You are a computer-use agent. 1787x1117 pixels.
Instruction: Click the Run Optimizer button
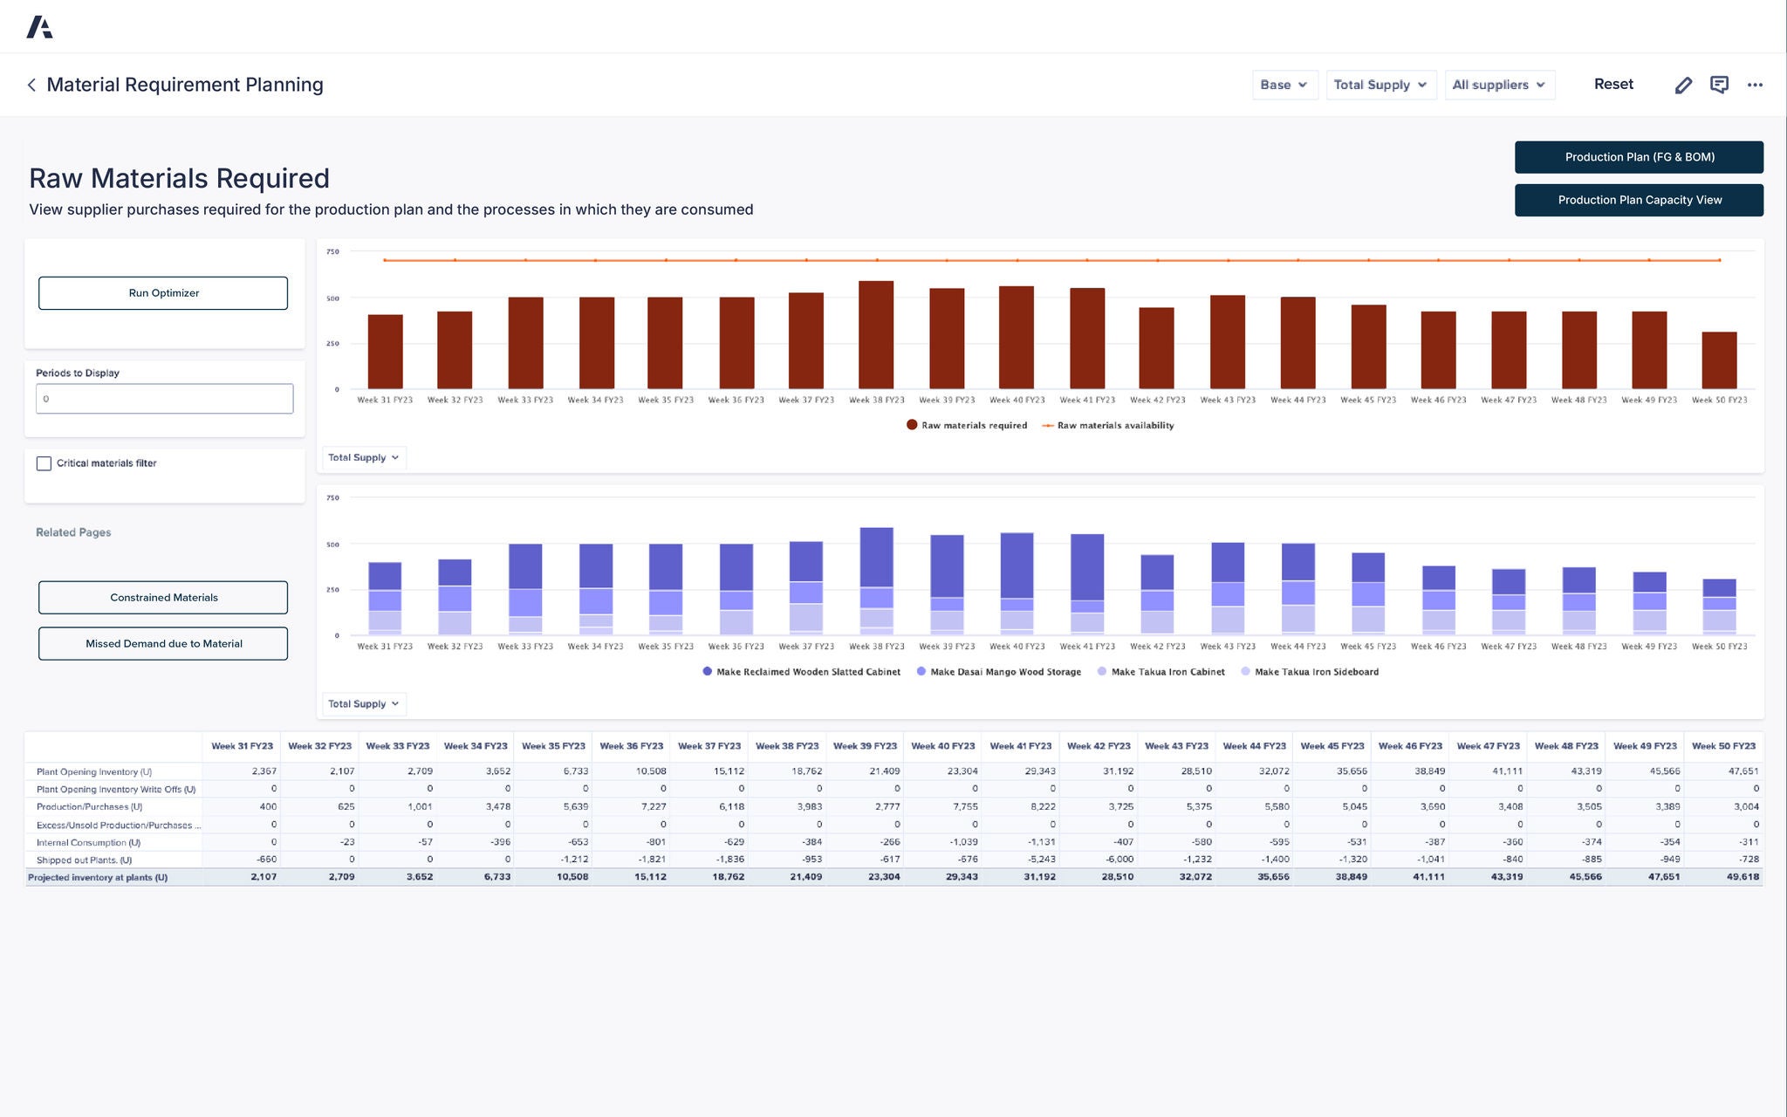click(x=163, y=293)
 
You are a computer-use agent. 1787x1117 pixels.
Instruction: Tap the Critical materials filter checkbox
click(x=45, y=463)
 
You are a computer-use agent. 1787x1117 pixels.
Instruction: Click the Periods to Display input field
click(x=164, y=399)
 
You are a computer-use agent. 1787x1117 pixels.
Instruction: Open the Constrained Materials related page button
click(x=163, y=598)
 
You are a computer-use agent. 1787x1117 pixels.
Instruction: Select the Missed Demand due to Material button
click(x=163, y=644)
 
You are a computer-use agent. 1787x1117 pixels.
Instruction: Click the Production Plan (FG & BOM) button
click(x=1639, y=157)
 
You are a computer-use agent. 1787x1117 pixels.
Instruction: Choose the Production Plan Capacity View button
click(x=1639, y=200)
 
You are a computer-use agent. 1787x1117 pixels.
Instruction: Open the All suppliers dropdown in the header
click(x=1499, y=85)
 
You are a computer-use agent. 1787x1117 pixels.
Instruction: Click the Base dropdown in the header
click(x=1284, y=85)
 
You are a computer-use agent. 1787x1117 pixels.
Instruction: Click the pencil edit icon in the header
click(x=1683, y=85)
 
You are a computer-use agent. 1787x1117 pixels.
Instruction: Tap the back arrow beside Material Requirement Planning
click(x=31, y=85)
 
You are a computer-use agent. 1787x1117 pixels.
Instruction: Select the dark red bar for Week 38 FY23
click(x=876, y=336)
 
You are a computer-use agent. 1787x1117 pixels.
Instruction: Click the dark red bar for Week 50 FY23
click(x=1719, y=360)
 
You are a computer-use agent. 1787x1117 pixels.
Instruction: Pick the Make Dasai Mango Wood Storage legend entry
click(x=1004, y=672)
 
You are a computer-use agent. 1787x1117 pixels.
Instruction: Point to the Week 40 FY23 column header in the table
click(x=943, y=746)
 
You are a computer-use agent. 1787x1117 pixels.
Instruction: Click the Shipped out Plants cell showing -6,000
click(x=1119, y=860)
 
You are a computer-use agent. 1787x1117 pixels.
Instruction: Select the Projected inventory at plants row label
click(x=98, y=878)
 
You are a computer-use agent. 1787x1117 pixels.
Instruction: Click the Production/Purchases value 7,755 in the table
click(x=964, y=807)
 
